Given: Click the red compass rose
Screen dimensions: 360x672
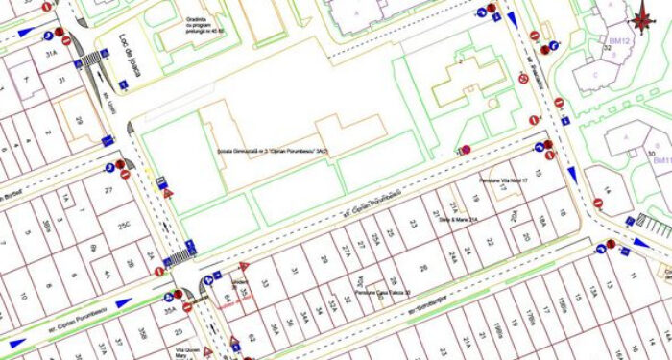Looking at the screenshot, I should tap(640, 18).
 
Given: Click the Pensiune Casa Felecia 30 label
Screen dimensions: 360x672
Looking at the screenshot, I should tap(383, 293).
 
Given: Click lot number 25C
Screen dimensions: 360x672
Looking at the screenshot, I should tap(121, 225).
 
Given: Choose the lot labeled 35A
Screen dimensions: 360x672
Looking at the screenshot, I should tap(170, 310).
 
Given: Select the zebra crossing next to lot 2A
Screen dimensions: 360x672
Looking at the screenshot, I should tap(177, 258).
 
